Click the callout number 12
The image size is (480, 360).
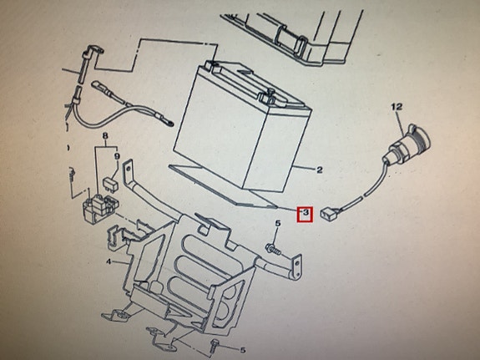coord(397,107)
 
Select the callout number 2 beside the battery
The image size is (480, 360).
coord(319,170)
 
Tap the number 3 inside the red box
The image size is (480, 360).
coord(306,212)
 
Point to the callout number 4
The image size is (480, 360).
coord(109,262)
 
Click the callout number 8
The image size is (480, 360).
coord(105,134)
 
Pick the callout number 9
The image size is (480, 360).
coord(117,156)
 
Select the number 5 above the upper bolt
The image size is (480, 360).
coord(278,224)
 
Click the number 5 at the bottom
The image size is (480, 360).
coord(242,350)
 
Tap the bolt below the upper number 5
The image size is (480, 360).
coord(273,249)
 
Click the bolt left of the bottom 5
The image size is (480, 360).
coord(215,345)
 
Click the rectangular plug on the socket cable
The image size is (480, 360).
coord(328,213)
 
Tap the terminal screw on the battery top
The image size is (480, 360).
coord(270,91)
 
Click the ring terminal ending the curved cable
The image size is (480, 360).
coord(169,124)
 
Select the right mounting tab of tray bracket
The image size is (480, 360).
coord(296,266)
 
